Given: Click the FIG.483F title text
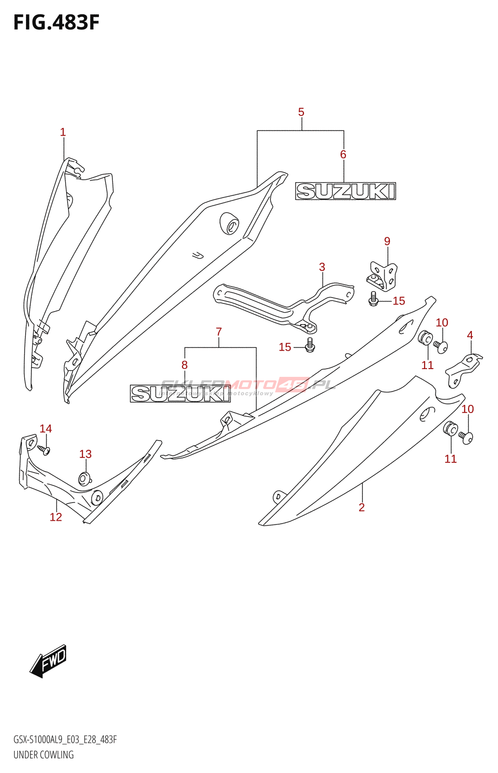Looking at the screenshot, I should tap(56, 23).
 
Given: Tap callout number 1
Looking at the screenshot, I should tap(63, 132).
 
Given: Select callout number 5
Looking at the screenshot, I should tap(301, 112).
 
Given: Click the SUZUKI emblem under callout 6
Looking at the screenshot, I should tap(346, 191).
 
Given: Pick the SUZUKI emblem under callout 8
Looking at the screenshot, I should tap(180, 394).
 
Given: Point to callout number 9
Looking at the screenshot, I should tap(387, 241).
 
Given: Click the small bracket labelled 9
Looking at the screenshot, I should tap(383, 276).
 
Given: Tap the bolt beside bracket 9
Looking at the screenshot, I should tap(373, 299).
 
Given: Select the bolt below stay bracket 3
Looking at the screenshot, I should tap(310, 344).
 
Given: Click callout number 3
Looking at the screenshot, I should tap(322, 267).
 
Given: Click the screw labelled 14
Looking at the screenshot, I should tap(44, 450).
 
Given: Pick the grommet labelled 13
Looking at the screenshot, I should tap(84, 479).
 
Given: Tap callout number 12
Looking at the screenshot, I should tap(56, 517).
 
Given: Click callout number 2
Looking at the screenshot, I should tap(361, 507).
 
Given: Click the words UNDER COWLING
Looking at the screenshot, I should tap(43, 755).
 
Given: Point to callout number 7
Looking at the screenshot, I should tap(219, 332).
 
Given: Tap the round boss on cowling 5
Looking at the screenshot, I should tap(229, 223).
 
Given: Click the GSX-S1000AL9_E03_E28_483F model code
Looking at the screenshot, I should tap(65, 740).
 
